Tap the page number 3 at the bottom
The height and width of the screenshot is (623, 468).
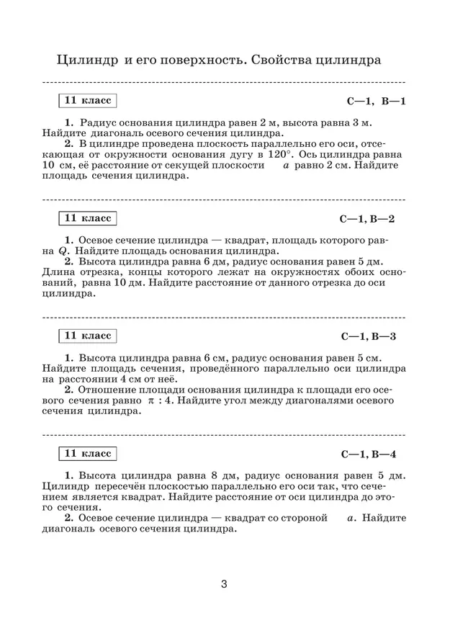(225, 583)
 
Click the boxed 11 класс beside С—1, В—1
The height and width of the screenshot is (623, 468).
(88, 101)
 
